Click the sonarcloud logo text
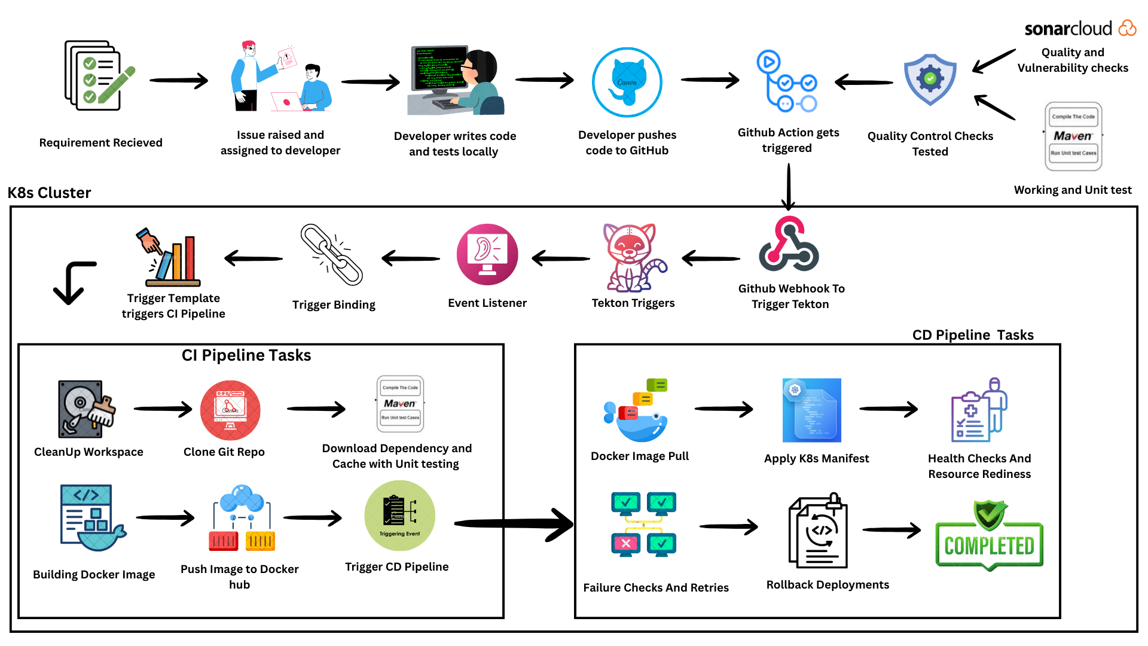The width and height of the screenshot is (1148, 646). (1068, 29)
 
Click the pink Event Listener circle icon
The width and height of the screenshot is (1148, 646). (487, 255)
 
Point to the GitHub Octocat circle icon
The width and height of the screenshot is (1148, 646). (627, 83)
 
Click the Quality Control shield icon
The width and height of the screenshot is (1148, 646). (930, 79)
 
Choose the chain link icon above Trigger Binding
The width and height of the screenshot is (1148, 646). (332, 255)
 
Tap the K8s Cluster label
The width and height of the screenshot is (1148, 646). (49, 193)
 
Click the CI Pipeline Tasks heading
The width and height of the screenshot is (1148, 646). (246, 355)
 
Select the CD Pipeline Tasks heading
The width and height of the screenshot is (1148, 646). (973, 335)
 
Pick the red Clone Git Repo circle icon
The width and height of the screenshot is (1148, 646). (230, 410)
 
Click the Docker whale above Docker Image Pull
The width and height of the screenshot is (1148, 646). (637, 412)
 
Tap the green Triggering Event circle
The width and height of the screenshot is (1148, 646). (399, 516)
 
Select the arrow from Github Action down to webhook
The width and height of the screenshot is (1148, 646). (789, 187)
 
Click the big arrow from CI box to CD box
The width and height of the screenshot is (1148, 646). (514, 525)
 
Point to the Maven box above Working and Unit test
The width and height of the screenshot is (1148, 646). (1073, 136)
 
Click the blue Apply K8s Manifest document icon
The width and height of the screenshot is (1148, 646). (811, 410)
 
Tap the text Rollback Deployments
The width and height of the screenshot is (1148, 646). (828, 585)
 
